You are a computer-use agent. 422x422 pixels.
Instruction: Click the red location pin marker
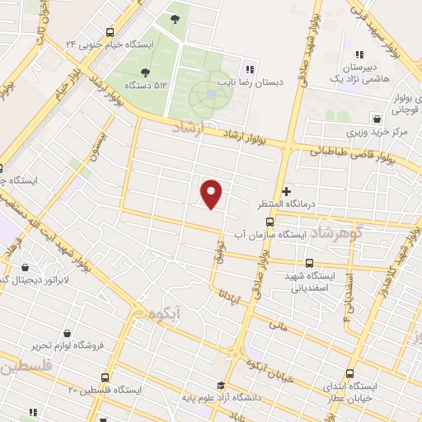tap(213, 193)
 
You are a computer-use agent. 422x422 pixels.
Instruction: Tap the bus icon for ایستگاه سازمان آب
tap(270, 222)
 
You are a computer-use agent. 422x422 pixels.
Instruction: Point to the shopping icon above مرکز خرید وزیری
tap(377, 118)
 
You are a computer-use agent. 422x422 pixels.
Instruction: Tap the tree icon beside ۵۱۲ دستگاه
tap(145, 73)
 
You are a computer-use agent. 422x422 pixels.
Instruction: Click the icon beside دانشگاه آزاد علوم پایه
tap(221, 385)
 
